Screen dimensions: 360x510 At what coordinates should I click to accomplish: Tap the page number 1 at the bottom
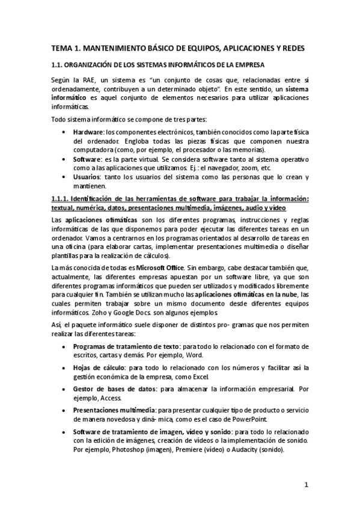point(306,484)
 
